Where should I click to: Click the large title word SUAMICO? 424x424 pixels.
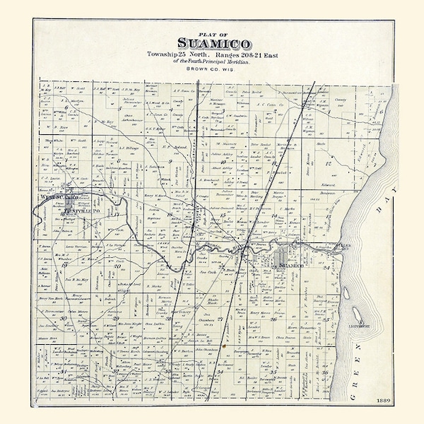(x=211, y=44)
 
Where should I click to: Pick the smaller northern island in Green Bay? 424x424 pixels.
(x=343, y=247)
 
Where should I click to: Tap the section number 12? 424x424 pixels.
(x=327, y=164)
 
